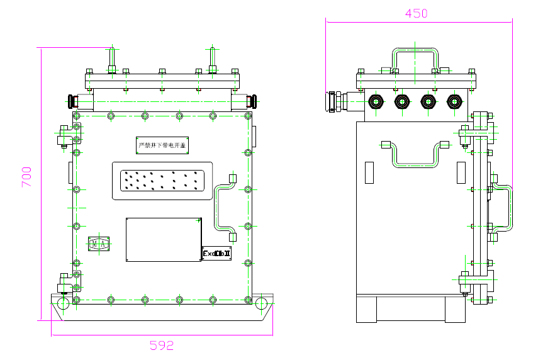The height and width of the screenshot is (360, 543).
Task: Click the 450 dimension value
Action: point(416,13)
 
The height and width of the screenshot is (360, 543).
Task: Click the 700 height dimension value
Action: point(26,176)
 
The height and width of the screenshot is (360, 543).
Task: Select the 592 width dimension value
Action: point(161,345)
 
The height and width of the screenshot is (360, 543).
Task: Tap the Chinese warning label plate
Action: point(162,145)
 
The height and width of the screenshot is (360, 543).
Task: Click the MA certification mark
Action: point(98,244)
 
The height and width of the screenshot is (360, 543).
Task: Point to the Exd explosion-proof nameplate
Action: point(216,253)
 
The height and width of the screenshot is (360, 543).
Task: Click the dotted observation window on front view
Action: point(162,181)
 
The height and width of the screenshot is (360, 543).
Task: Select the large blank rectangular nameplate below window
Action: point(163,239)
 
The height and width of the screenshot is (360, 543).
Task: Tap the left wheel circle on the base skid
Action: point(63,303)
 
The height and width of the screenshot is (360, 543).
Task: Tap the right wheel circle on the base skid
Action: point(262,303)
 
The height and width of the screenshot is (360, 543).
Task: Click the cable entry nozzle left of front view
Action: point(74,101)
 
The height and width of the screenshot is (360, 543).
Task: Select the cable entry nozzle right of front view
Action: point(251,101)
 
